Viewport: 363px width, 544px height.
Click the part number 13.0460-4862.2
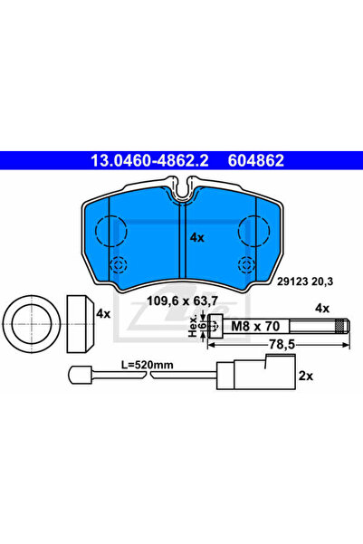tap(149, 160)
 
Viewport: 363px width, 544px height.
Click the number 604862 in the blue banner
tap(256, 160)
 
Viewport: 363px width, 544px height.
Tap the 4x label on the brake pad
tap(197, 238)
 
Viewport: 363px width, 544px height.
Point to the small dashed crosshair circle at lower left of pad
tap(119, 265)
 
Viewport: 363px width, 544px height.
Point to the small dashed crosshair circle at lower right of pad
tap(247, 265)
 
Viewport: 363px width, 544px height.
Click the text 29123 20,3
tap(305, 282)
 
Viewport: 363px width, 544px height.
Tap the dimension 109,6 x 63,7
tap(183, 301)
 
